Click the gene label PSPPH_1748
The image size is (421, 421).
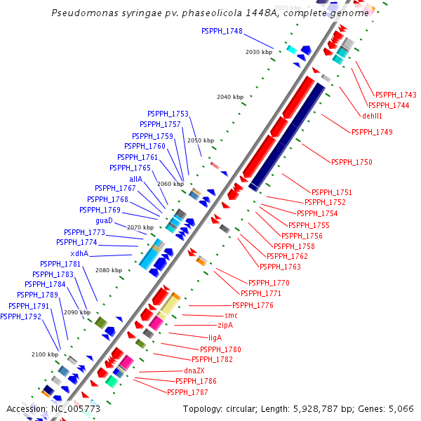[x=222, y=31]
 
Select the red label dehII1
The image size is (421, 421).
[x=372, y=116]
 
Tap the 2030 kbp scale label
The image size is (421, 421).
[x=259, y=53]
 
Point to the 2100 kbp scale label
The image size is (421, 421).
[x=44, y=354]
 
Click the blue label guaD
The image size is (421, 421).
[x=104, y=220]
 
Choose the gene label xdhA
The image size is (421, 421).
[x=79, y=253]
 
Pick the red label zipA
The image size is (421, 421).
[x=225, y=326]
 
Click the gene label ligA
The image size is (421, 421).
[x=215, y=338]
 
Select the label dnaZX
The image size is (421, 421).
[x=194, y=370]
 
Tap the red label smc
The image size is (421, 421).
[x=231, y=316]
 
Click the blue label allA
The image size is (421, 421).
[x=135, y=179]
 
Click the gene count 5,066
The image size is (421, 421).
[x=400, y=408]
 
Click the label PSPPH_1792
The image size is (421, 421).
[x=20, y=316]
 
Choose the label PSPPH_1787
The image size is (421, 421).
[x=187, y=392]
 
